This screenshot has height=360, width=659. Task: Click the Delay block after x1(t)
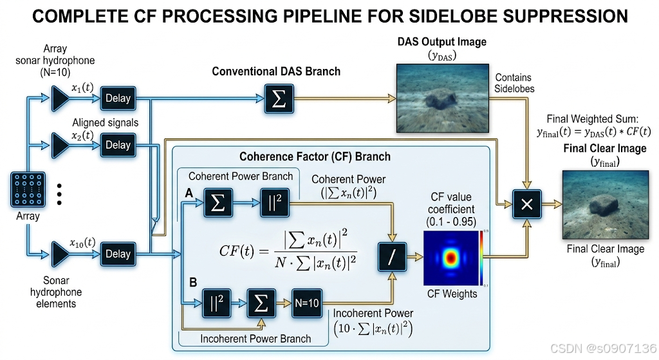click(x=118, y=99)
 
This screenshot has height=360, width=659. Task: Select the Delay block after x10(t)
click(x=118, y=254)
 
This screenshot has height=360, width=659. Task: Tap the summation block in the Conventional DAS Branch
click(x=279, y=99)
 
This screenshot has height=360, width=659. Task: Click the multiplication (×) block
click(x=526, y=204)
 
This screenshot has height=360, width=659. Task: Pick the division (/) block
click(x=392, y=256)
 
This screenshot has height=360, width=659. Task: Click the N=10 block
click(x=307, y=303)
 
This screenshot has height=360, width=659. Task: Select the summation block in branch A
click(x=218, y=203)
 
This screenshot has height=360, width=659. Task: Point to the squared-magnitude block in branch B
click(x=216, y=303)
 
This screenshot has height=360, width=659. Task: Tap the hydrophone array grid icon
click(x=28, y=190)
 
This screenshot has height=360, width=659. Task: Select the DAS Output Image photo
click(x=443, y=99)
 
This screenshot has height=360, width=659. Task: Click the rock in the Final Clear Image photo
click(x=604, y=205)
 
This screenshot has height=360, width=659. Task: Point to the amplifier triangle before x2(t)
click(x=60, y=145)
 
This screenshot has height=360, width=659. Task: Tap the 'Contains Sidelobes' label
click(x=514, y=83)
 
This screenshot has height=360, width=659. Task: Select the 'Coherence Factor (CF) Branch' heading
click(x=315, y=157)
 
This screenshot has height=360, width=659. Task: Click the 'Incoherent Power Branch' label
click(x=255, y=339)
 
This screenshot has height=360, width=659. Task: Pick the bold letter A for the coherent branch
click(x=189, y=193)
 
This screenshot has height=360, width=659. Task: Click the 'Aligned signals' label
click(x=105, y=123)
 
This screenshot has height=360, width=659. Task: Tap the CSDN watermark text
click(x=604, y=348)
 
